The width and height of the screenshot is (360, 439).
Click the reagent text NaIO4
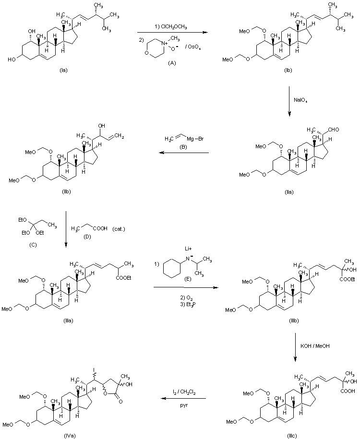click(x=301, y=100)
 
